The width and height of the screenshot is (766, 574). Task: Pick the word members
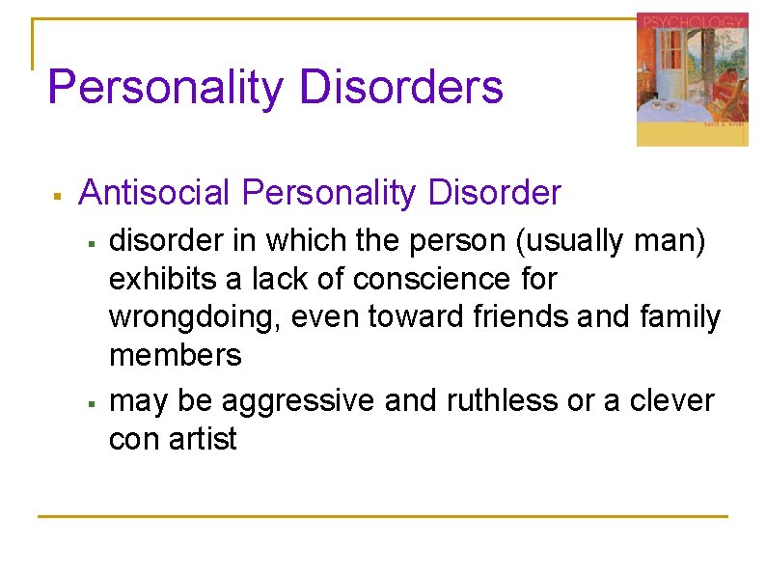175,355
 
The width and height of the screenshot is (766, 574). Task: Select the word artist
203,439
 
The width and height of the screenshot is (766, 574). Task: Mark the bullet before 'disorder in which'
90,243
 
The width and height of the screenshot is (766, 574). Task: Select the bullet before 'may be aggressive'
90,403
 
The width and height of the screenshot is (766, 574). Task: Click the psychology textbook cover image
691,79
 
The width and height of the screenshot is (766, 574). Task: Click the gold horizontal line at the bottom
382,516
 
